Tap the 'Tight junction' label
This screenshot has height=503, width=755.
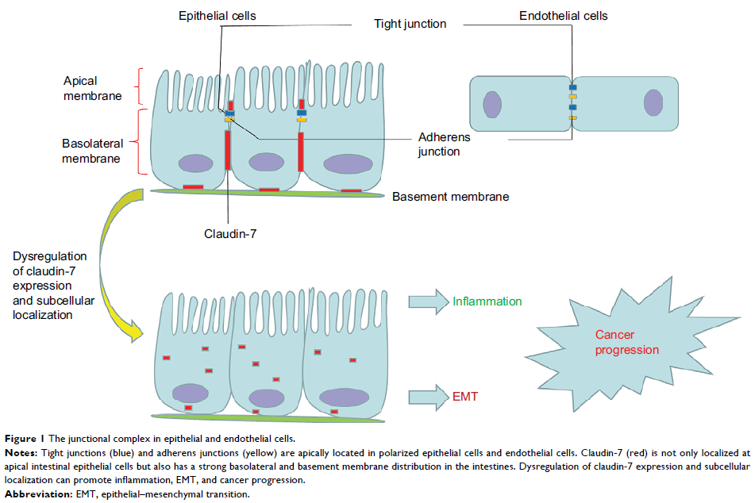pyautogui.click(x=410, y=24)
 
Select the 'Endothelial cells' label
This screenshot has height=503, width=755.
pyautogui.click(x=564, y=16)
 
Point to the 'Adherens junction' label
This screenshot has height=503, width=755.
pyautogui.click(x=445, y=144)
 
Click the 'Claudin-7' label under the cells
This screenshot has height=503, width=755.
pyautogui.click(x=230, y=233)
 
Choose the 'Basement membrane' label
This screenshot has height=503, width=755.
pyautogui.click(x=450, y=196)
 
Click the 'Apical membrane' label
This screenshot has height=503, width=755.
pyautogui.click(x=93, y=88)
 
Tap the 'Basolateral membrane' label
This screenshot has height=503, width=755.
pyautogui.click(x=91, y=151)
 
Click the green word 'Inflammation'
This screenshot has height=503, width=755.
pyautogui.click(x=487, y=301)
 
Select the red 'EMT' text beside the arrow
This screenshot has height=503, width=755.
pyautogui.click(x=465, y=396)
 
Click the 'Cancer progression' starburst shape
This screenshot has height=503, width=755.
pyautogui.click(x=627, y=344)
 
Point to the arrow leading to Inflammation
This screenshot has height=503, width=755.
pyautogui.click(x=428, y=301)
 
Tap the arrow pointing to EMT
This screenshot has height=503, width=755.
pyautogui.click(x=428, y=396)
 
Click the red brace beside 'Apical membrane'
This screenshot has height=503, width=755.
pyautogui.click(x=141, y=86)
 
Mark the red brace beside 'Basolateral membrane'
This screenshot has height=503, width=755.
pyautogui.click(x=141, y=143)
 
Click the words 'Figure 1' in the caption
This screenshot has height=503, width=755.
pyautogui.click(x=22, y=439)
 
